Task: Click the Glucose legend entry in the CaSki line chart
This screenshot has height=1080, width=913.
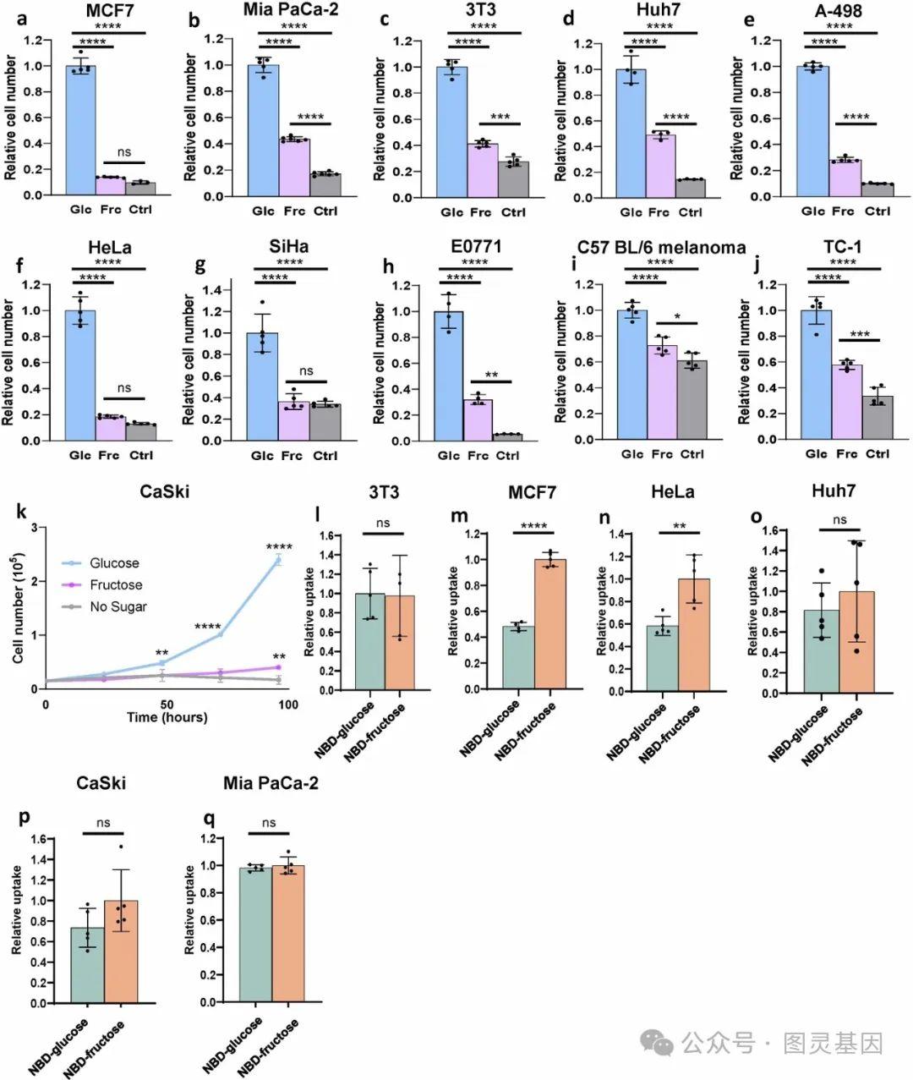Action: (115, 563)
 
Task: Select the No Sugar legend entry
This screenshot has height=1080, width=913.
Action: (118, 606)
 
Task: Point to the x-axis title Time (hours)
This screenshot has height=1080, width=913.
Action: (167, 717)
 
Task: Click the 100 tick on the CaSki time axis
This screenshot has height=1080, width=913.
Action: (287, 704)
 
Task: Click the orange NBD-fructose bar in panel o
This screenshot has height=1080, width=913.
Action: (856, 642)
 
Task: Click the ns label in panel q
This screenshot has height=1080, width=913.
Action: (269, 822)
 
